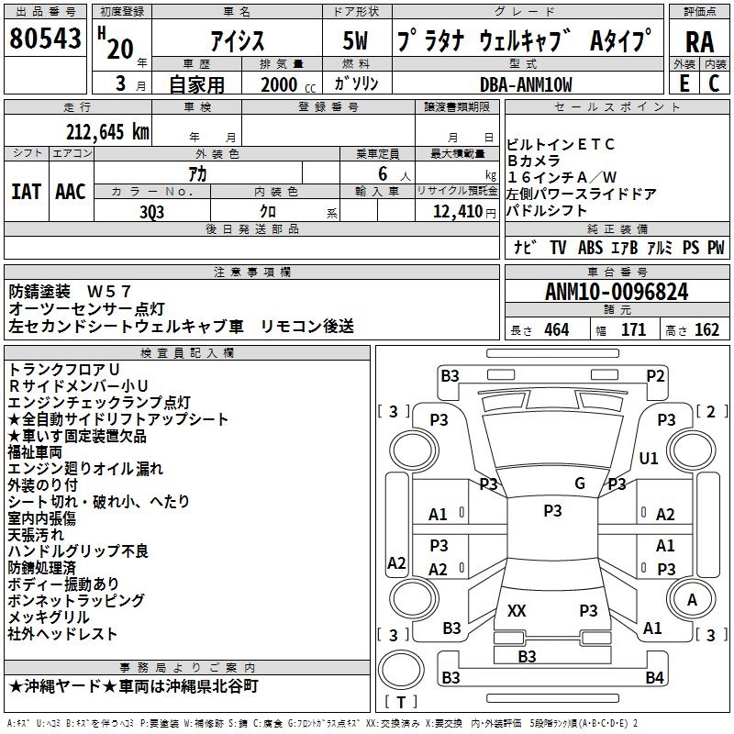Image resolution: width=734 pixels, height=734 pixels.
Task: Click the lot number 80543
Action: [x=45, y=38]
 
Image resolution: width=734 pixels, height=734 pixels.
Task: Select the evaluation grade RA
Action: [x=699, y=42]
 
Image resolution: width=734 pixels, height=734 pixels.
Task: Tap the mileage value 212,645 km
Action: [x=107, y=132]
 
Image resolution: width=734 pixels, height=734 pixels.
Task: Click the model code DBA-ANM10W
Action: [x=526, y=84]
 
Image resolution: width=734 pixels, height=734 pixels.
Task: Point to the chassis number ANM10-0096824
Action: [x=617, y=292]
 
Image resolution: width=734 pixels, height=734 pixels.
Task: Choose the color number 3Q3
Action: [x=151, y=212]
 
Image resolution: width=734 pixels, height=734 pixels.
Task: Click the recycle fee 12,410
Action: [x=458, y=212]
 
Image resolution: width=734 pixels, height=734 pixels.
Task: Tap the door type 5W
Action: [x=355, y=40]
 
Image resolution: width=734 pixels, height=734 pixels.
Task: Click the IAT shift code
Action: [x=27, y=192]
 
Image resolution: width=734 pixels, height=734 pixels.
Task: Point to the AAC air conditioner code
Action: [x=71, y=192]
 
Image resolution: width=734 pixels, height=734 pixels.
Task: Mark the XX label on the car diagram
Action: [x=517, y=610]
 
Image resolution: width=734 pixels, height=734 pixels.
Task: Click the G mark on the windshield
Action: [x=580, y=483]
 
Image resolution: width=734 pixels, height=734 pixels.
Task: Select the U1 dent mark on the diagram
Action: [x=649, y=458]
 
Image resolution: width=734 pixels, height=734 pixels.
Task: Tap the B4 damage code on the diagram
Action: [x=654, y=677]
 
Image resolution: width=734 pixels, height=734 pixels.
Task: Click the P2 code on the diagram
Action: [x=655, y=376]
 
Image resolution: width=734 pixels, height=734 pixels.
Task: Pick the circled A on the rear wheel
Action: [x=692, y=599]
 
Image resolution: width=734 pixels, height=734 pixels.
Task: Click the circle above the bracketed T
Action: [x=401, y=669]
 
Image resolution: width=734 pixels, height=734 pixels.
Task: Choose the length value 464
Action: [x=557, y=330]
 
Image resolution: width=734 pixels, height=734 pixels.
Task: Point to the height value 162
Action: [x=706, y=330]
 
